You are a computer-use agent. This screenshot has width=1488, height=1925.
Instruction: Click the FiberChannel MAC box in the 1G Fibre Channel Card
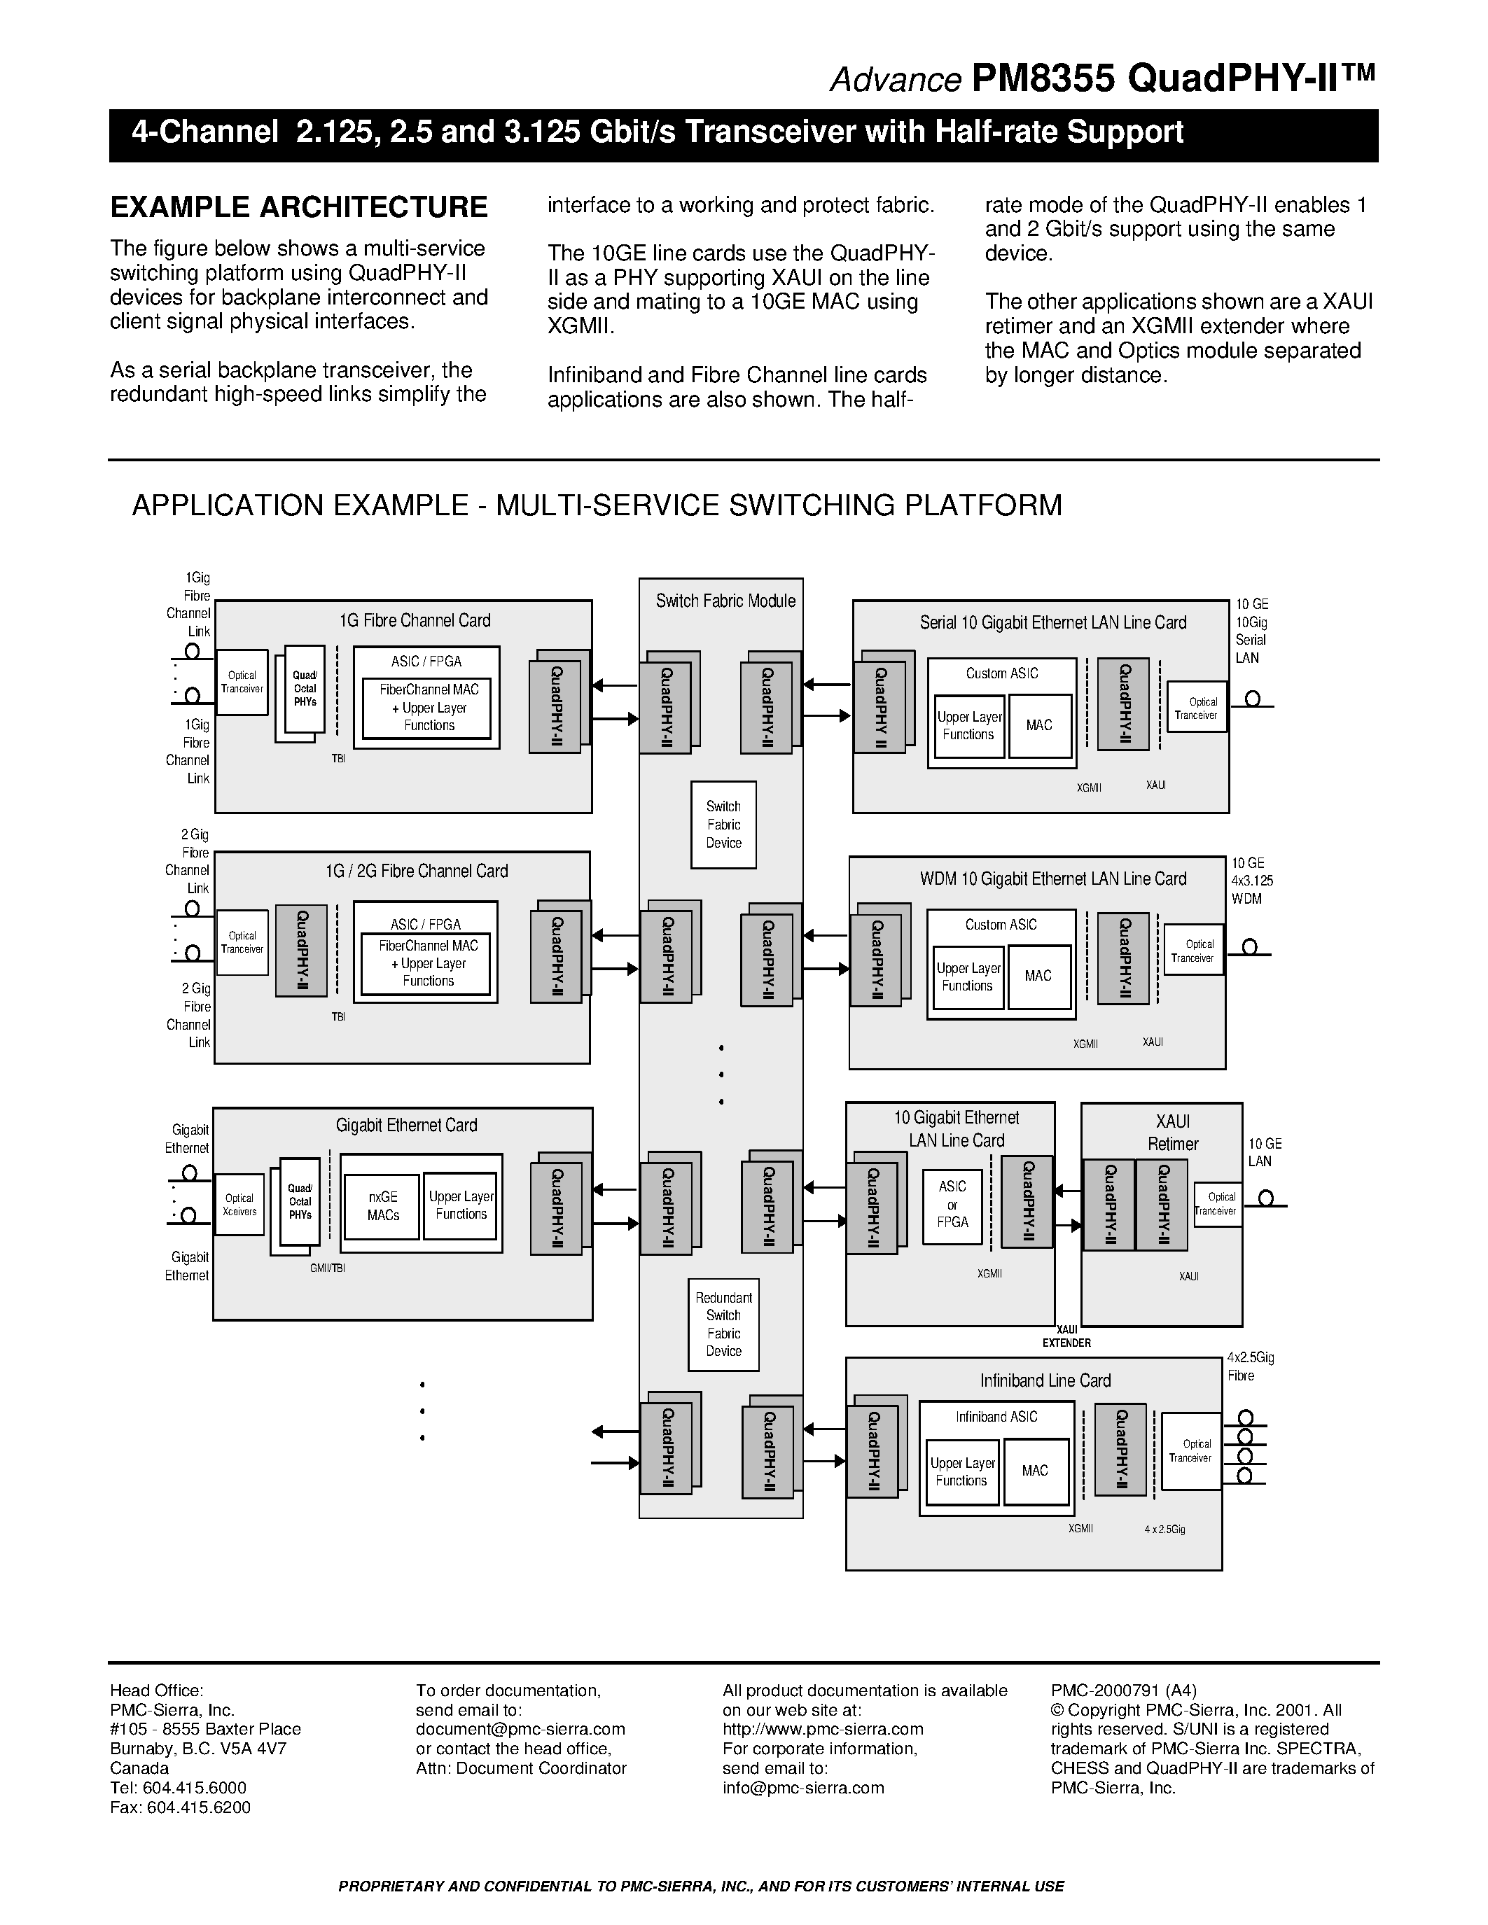429,708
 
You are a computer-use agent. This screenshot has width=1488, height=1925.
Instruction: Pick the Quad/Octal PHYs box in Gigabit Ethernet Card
300,1200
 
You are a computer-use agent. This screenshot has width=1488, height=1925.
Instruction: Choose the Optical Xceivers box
239,1204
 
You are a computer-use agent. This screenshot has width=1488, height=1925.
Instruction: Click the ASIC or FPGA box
952,1204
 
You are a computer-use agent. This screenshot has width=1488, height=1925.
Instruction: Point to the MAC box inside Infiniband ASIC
1035,1470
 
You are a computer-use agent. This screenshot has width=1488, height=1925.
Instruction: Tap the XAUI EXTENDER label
1066,1336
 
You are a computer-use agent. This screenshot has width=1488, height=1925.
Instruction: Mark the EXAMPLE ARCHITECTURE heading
299,207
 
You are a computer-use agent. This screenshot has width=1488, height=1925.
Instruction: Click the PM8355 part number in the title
1043,79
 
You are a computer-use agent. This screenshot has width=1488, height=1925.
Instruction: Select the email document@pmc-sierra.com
520,1728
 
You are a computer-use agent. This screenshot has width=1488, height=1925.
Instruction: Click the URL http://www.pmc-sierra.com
823,1728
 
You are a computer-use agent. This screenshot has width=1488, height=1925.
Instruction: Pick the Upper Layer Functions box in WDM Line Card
968,976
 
